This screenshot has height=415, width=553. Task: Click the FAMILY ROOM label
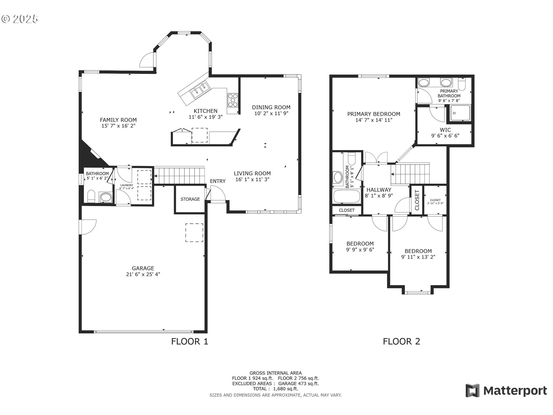coord(118,120)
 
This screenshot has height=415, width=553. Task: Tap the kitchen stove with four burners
coord(233,100)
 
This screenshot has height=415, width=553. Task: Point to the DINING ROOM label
coord(271,107)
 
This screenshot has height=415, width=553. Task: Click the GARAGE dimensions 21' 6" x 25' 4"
coord(143,274)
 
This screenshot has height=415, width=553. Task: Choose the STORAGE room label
coord(190,199)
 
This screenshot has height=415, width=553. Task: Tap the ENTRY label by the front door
coord(218,181)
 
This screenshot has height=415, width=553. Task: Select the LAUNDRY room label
coord(127,185)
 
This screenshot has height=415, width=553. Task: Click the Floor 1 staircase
coord(179,175)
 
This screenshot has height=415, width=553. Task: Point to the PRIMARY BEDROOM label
coord(374,114)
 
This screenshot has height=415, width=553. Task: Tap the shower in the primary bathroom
coord(460,113)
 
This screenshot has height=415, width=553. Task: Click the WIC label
coord(445,130)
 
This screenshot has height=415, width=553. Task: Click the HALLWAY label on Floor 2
coord(379,190)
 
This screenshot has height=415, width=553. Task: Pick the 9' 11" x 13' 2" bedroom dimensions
coord(418,257)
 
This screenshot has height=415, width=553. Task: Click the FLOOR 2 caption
coord(402,342)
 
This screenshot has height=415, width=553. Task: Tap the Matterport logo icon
coord(473,391)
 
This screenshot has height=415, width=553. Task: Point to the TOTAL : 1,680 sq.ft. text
coord(276,389)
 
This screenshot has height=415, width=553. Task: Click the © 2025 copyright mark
coord(20,19)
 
